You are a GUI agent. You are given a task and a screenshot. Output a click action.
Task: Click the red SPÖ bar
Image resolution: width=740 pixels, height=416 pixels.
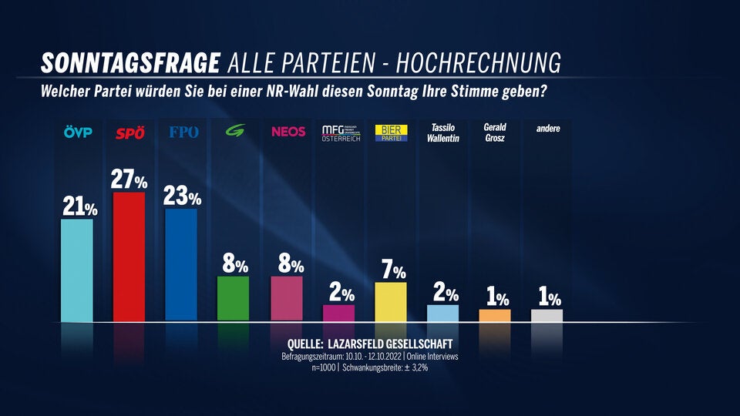[129, 257]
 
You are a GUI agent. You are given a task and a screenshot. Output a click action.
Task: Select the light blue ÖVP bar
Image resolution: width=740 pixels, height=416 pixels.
[76, 270]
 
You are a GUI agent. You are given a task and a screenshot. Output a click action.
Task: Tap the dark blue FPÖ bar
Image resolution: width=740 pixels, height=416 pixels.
[181, 264]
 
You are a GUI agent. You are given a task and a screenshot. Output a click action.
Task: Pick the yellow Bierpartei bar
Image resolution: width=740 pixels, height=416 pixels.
[391, 301]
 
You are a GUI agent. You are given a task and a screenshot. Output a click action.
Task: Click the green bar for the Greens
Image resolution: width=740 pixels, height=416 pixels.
[234, 298]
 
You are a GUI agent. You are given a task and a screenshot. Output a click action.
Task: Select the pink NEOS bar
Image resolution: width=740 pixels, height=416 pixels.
[286, 298]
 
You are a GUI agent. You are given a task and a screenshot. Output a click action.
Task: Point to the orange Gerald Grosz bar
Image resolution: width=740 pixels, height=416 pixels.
[495, 315]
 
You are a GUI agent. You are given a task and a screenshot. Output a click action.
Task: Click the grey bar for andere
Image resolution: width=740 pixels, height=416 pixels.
[547, 315]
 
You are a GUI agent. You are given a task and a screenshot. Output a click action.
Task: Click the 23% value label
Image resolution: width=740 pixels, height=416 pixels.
[183, 196]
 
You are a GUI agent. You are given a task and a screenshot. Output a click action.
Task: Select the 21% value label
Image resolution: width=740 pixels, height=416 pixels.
[78, 206]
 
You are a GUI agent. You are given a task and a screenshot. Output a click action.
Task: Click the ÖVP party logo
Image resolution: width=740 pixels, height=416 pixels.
[77, 133]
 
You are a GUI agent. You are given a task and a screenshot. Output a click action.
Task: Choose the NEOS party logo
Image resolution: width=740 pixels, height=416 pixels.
[288, 132]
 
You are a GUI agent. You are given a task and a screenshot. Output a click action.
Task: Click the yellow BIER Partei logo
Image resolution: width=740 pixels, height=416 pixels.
[391, 133]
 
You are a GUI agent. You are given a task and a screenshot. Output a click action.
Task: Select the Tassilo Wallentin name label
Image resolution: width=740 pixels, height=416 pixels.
[443, 133]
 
